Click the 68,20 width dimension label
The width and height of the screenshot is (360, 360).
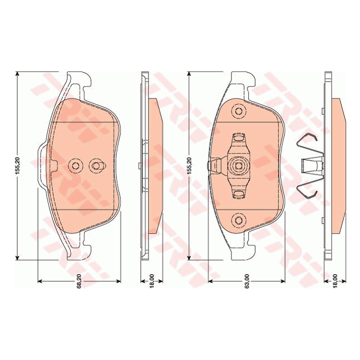pyautogui.click(x=80, y=282)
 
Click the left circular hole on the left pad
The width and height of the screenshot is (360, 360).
pyautogui.click(x=75, y=165)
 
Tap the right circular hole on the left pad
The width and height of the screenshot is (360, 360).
pyautogui.click(x=96, y=165)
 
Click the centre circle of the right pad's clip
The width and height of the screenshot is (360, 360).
pyautogui.click(x=239, y=165)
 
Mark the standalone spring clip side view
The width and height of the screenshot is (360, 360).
pyautogui.click(x=308, y=165)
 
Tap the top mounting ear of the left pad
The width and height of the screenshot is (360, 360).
pyautogui.click(x=77, y=81)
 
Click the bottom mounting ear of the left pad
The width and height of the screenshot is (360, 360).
pyautogui.click(x=77, y=249)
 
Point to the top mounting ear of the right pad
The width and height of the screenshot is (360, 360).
pyautogui.click(x=241, y=82)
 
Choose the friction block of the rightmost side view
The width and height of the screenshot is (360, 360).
pyautogui.click(x=338, y=165)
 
